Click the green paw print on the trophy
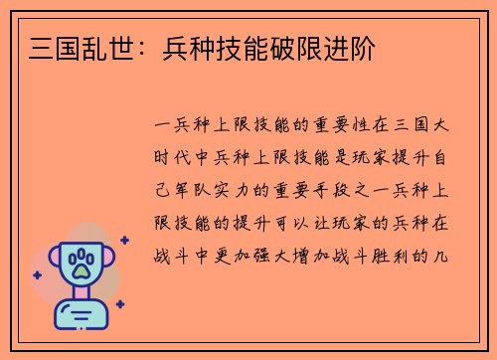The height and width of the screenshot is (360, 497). coord(79,265)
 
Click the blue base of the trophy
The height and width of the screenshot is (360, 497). coord(79,316)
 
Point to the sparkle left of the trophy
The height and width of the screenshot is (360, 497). coord(37,274)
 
